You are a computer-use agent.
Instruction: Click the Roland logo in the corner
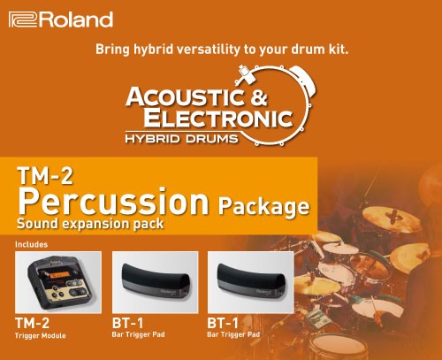(x=61, y=19)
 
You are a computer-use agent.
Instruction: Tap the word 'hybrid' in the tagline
(x=153, y=50)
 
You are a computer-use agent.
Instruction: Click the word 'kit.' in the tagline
(x=339, y=49)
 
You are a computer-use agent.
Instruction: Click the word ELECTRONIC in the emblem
(x=218, y=118)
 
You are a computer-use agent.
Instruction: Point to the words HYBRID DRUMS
(x=181, y=139)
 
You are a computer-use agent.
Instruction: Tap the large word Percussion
(x=113, y=202)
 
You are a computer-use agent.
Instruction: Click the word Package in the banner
(x=263, y=207)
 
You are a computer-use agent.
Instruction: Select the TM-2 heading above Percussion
(x=45, y=176)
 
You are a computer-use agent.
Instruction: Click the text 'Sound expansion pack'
(x=90, y=224)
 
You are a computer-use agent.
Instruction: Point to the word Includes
(x=31, y=244)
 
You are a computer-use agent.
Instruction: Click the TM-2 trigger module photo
(x=58, y=282)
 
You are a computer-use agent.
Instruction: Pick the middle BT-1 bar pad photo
(x=156, y=282)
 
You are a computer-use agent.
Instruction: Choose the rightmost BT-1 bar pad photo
(x=251, y=282)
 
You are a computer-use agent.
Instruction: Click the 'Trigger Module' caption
(x=41, y=335)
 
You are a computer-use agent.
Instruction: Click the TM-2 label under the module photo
(x=32, y=323)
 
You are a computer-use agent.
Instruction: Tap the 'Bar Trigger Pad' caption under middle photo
(x=138, y=334)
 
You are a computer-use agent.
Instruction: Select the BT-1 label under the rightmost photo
(x=223, y=323)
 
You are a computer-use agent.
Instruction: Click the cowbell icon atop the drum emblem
(x=246, y=73)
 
